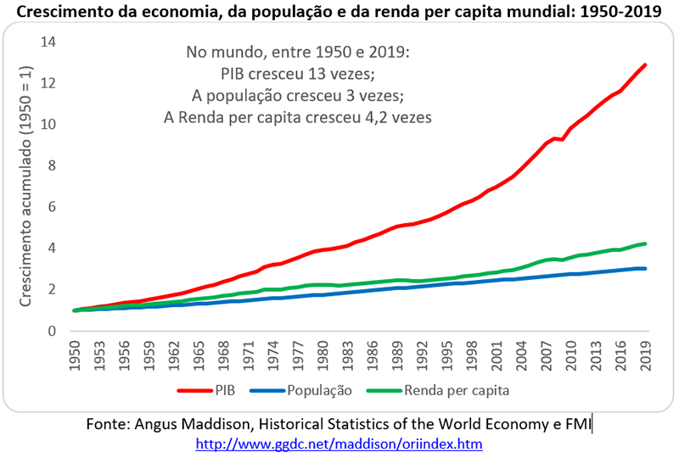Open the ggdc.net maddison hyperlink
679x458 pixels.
(x=339, y=444)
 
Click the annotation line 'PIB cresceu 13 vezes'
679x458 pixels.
(x=298, y=74)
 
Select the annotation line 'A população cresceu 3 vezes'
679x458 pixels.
(x=298, y=95)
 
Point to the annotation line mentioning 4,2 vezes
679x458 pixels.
(x=298, y=117)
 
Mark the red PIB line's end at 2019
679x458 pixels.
(x=646, y=64)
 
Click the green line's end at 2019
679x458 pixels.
(x=646, y=243)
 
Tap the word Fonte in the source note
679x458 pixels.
(x=108, y=422)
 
